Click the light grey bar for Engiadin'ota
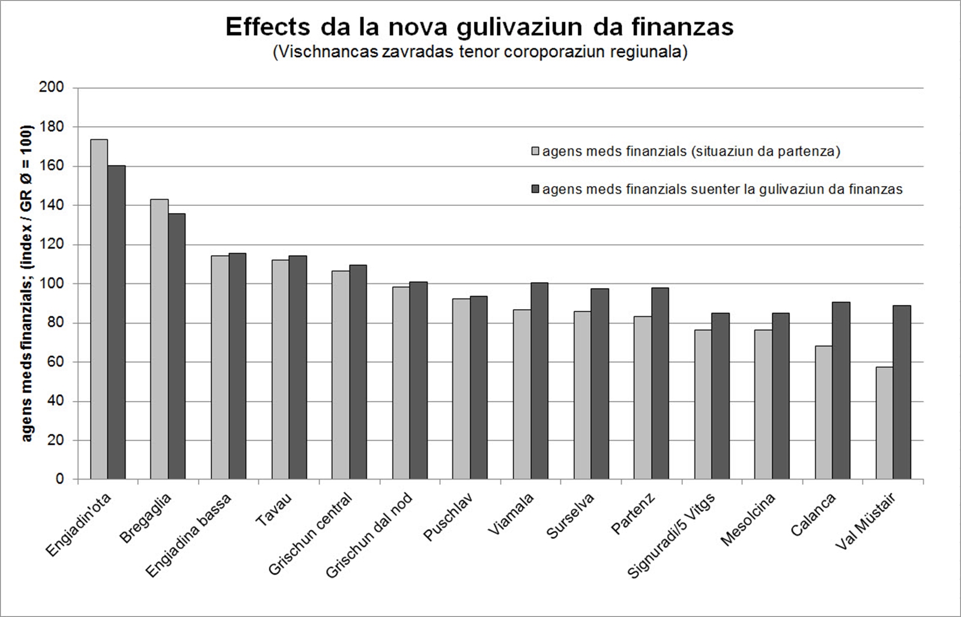(x=99, y=309)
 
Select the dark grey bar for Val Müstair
(x=902, y=393)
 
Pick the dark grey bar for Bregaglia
(x=177, y=346)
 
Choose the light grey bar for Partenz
(x=642, y=398)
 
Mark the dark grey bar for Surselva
(x=599, y=384)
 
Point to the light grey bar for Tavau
(x=280, y=370)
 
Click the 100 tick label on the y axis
(x=52, y=284)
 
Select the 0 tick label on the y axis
(x=59, y=480)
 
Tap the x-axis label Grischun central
(x=311, y=534)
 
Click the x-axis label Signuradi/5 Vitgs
(x=672, y=535)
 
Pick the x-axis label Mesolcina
(x=748, y=519)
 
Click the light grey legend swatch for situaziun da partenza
(x=536, y=151)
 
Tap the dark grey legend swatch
(x=536, y=190)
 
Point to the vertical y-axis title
(x=28, y=284)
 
